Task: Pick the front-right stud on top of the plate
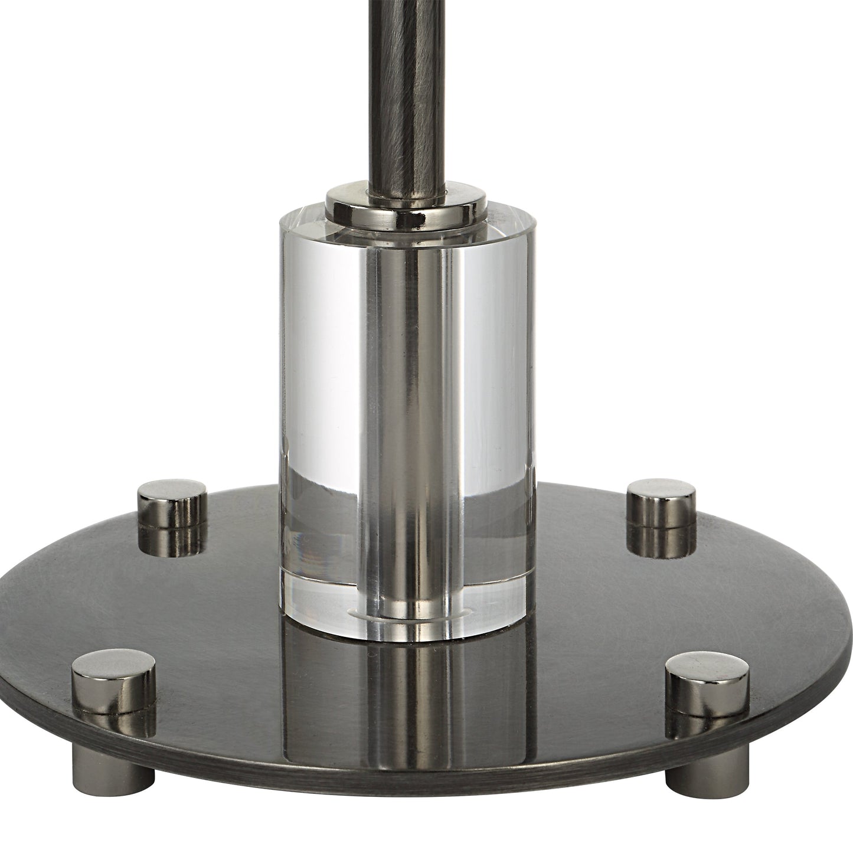point(707,686)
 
